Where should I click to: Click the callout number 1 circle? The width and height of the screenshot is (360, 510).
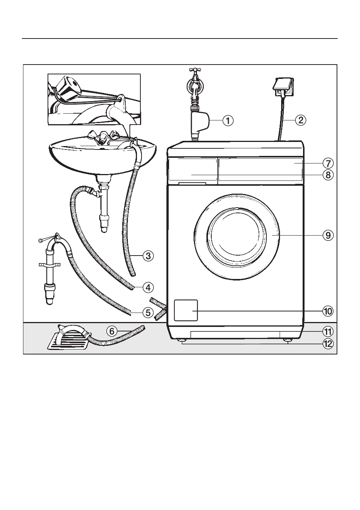[228, 120]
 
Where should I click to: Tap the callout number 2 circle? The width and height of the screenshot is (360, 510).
[301, 120]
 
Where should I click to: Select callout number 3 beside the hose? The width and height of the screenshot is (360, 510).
[148, 256]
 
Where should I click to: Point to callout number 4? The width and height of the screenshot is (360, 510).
[148, 288]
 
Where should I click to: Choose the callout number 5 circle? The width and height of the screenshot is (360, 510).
[148, 313]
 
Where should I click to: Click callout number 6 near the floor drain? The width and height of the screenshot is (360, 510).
[112, 331]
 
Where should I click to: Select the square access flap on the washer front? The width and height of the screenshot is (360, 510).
[186, 310]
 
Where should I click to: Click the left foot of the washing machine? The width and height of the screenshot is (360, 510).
[182, 340]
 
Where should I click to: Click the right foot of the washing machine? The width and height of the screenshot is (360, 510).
[288, 340]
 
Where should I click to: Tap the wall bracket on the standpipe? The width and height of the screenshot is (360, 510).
[49, 265]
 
